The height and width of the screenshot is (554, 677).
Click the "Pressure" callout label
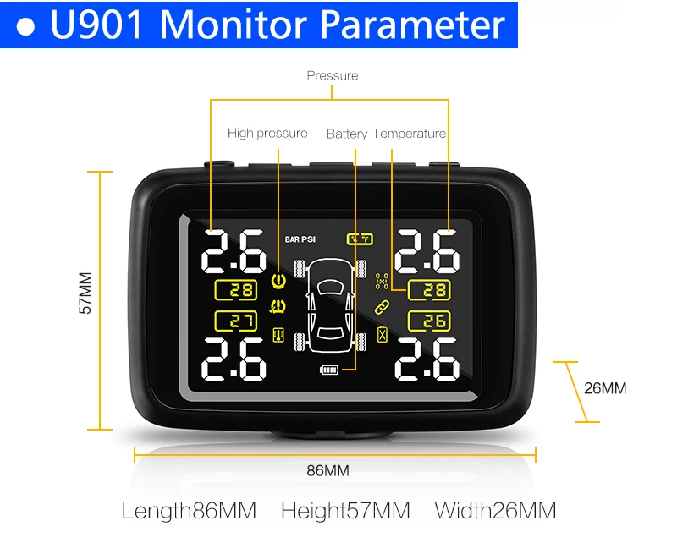(x=333, y=75)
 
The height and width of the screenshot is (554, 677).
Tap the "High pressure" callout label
(x=267, y=134)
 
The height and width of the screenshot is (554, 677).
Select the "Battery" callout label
(x=347, y=134)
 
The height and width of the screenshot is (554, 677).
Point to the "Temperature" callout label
(x=410, y=134)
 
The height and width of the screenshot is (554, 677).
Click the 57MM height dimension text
(x=85, y=293)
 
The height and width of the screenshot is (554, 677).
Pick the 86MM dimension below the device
(x=327, y=471)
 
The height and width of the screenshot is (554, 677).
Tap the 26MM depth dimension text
(x=605, y=388)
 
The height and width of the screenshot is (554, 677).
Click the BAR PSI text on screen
(x=300, y=239)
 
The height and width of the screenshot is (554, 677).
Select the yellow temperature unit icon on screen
(x=360, y=239)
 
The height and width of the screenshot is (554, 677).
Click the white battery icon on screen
(x=329, y=370)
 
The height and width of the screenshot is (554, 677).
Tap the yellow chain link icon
(x=382, y=307)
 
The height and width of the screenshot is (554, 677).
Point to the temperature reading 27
(x=236, y=321)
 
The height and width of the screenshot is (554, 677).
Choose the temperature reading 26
(x=429, y=321)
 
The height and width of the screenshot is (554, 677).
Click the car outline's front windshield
(x=330, y=286)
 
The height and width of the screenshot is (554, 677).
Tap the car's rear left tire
(x=300, y=343)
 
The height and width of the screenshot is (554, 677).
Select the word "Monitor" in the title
(x=235, y=25)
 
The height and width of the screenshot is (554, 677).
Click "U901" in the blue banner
(x=96, y=25)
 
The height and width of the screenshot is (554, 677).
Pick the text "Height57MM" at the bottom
(x=345, y=511)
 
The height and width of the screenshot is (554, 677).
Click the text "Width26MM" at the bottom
(x=495, y=511)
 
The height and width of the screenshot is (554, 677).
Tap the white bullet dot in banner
(x=25, y=27)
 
